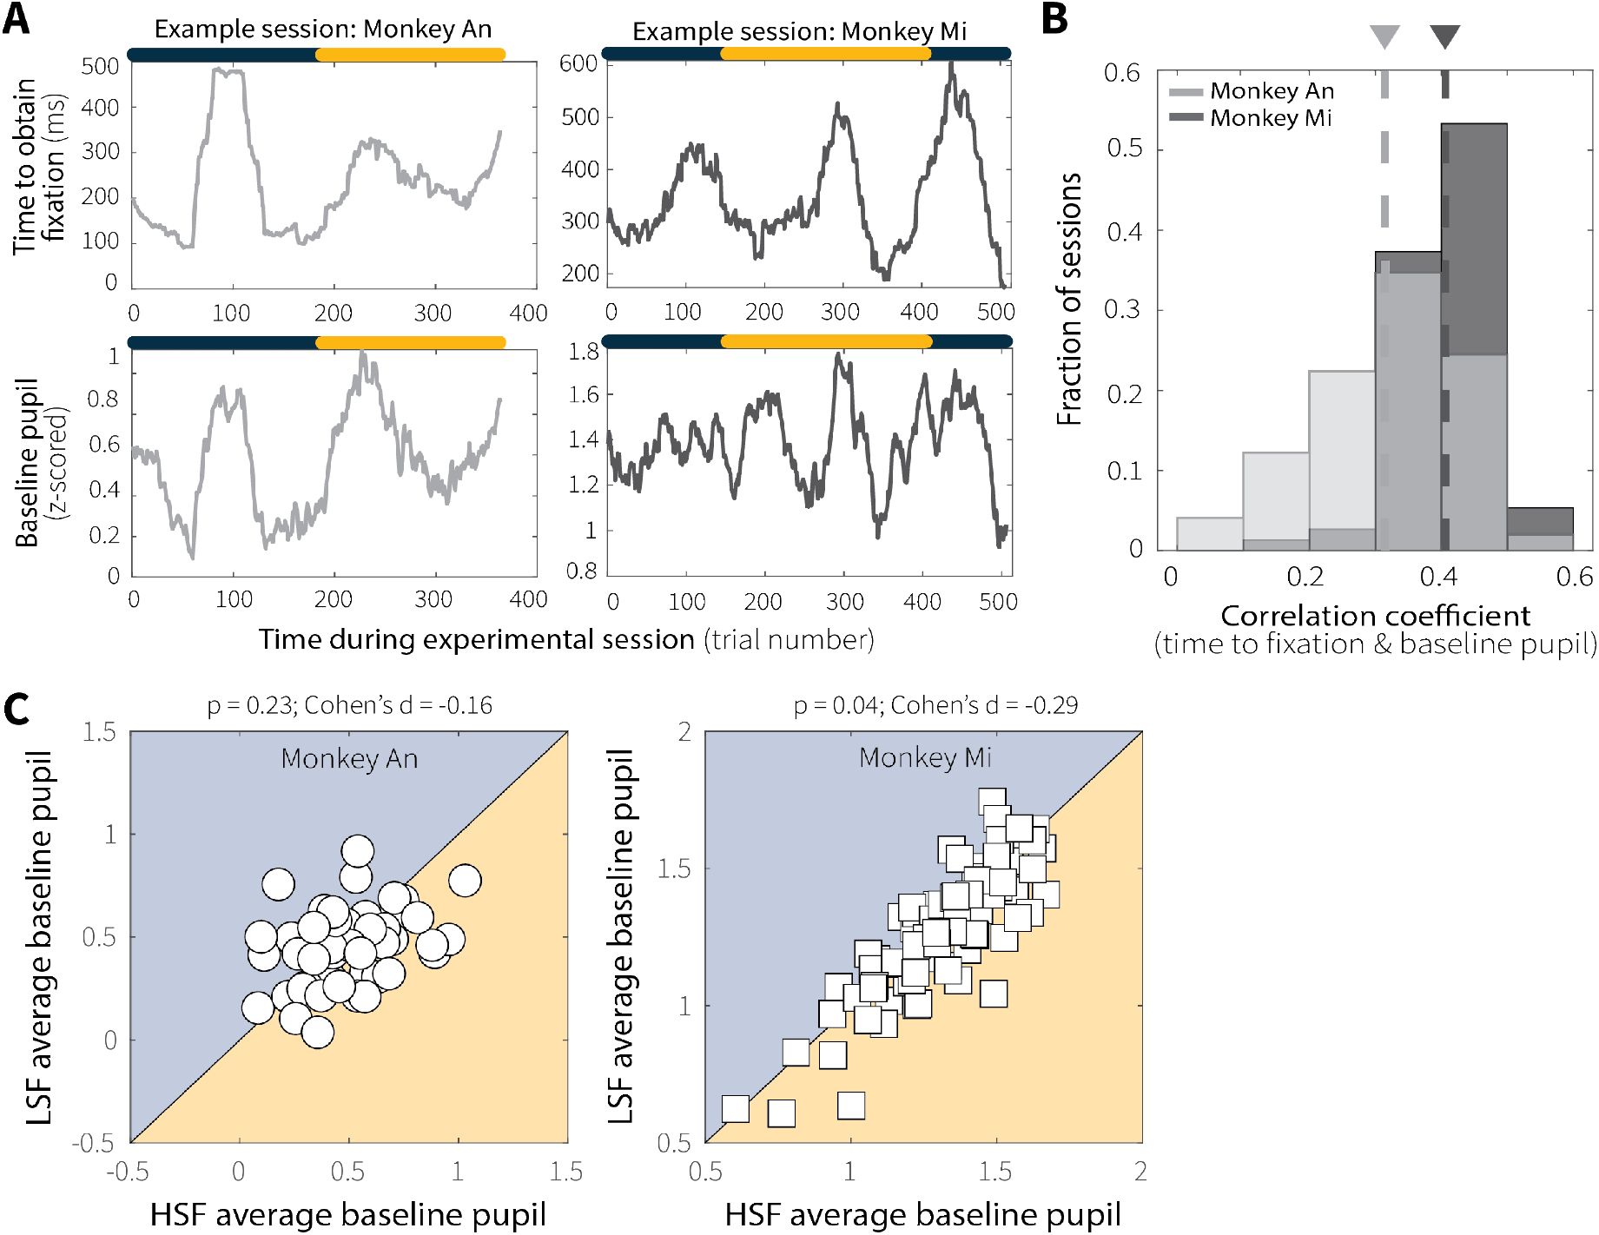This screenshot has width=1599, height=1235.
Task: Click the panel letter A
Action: (x=17, y=19)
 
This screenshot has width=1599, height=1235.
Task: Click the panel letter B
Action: (x=1054, y=19)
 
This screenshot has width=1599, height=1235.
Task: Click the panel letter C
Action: (x=17, y=709)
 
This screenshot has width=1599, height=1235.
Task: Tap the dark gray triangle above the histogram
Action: (x=1445, y=37)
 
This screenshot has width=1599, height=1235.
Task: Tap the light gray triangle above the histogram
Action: (x=1384, y=37)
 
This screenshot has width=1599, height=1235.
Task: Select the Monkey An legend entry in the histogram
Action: (x=1272, y=91)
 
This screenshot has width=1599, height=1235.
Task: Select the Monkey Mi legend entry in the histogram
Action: (x=1271, y=118)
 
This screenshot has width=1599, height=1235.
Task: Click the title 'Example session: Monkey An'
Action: (x=323, y=30)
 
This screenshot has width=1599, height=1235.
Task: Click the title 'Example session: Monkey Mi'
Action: (x=799, y=32)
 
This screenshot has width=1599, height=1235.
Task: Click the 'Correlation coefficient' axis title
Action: (x=1375, y=616)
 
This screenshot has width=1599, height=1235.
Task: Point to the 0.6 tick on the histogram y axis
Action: (x=1121, y=73)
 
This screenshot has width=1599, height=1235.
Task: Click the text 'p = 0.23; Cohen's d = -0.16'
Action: (x=349, y=705)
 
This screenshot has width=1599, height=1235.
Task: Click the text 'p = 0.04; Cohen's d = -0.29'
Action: (x=935, y=705)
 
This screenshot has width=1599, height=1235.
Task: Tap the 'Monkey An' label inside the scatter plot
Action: (x=349, y=759)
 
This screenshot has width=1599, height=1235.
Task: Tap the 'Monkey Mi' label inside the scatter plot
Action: (x=925, y=758)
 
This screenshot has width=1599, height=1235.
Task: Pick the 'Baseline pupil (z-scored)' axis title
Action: (x=39, y=462)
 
